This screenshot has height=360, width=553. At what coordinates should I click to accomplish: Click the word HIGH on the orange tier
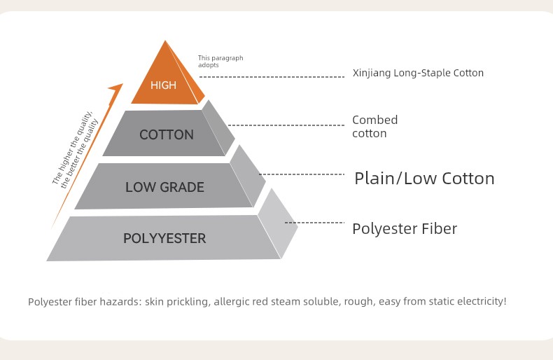163,85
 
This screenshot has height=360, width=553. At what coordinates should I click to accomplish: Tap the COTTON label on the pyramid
167,134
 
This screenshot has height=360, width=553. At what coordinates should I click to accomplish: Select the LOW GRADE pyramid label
164,187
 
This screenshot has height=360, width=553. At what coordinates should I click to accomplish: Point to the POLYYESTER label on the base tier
164,238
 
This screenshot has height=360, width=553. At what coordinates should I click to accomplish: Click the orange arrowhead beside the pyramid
116,88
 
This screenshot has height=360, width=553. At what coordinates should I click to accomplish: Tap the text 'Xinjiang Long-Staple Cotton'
418,73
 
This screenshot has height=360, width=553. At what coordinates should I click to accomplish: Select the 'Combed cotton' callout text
375,126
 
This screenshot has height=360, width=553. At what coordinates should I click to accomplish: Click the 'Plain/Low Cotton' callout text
424,178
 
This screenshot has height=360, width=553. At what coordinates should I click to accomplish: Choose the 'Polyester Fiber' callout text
405,229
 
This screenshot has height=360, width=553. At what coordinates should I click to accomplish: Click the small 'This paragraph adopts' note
220,62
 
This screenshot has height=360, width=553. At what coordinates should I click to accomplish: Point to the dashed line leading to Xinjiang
272,76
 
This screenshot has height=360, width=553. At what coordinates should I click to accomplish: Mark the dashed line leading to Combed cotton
286,125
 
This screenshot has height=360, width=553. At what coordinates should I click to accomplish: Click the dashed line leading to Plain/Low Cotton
302,174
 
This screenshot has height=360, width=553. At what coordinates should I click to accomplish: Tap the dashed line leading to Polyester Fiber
314,222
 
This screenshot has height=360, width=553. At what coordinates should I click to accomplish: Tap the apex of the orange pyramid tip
165,41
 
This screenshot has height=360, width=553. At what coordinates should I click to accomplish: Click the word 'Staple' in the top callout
435,73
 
